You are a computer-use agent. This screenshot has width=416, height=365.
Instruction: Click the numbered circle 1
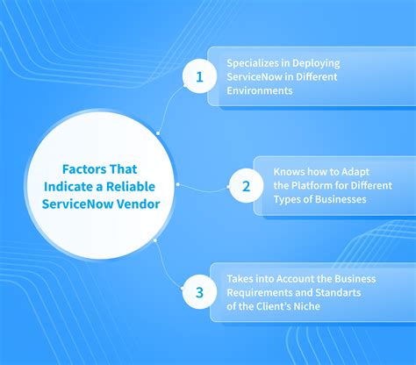pyautogui.click(x=198, y=76)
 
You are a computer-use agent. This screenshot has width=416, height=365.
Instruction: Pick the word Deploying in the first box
pyautogui.click(x=313, y=63)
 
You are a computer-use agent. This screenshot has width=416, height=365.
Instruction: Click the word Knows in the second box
pyautogui.click(x=289, y=172)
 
